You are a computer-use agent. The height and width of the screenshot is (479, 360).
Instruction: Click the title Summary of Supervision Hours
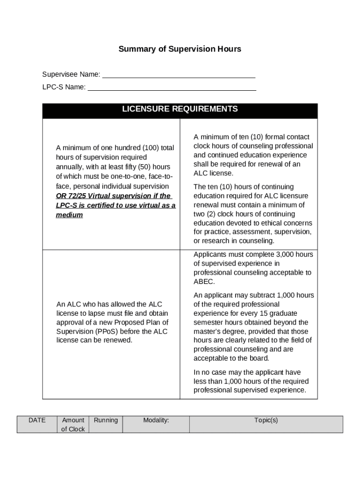click(x=180, y=49)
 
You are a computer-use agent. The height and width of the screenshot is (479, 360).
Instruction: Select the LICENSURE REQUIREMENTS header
click(x=180, y=109)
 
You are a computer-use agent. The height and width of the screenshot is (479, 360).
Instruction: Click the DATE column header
click(x=37, y=420)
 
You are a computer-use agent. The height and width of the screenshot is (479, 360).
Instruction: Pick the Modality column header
click(x=156, y=420)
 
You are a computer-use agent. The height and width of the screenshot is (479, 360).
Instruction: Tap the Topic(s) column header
click(x=266, y=420)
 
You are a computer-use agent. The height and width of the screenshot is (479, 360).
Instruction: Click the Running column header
click(x=106, y=420)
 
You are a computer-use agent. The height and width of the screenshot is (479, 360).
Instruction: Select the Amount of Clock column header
click(x=73, y=424)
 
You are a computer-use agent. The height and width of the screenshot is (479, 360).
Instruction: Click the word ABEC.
click(x=203, y=282)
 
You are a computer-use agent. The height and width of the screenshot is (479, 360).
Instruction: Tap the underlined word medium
click(x=69, y=215)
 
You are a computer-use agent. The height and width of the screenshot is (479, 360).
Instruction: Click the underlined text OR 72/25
click(x=71, y=196)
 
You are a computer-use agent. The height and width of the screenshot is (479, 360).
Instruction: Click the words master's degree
click(x=219, y=332)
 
